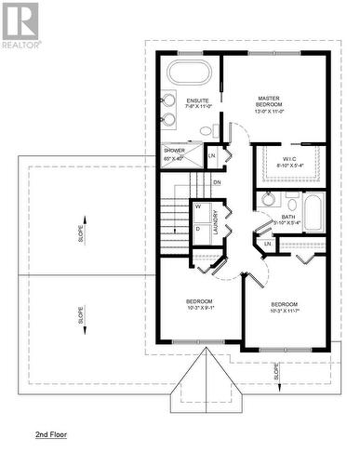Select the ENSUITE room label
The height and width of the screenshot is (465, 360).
197,100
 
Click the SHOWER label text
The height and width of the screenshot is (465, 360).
175,150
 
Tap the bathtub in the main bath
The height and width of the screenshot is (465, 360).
313,213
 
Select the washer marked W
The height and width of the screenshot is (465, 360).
198,206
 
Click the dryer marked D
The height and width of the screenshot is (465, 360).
198,228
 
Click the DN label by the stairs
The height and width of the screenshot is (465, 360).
217,182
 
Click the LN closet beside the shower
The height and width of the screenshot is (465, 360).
212,154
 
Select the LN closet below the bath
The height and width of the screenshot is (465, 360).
267,244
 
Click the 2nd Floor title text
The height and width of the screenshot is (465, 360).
51,434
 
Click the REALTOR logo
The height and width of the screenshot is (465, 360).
20,26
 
